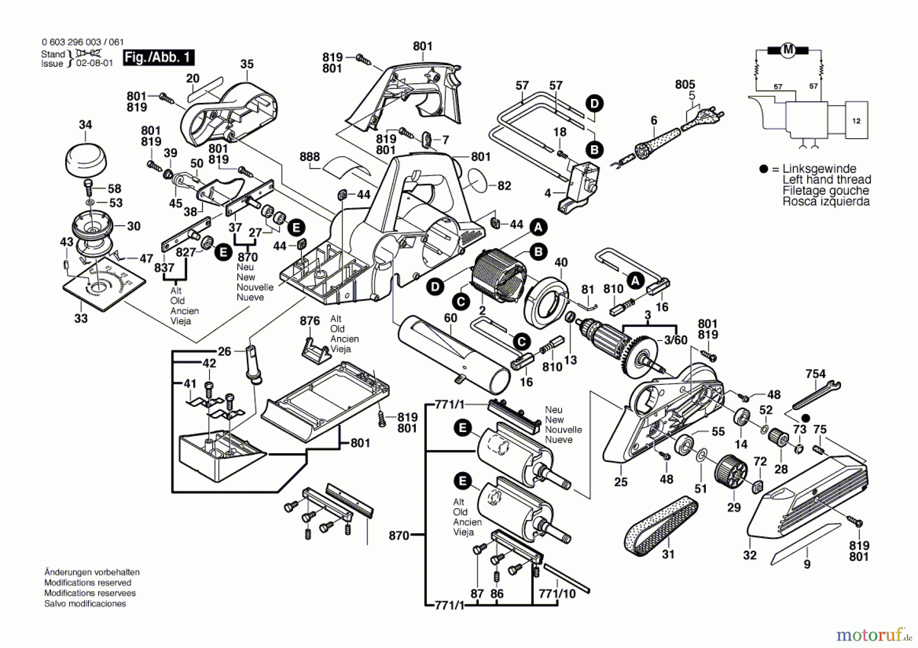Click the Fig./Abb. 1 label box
click(x=158, y=57)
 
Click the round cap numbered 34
click(x=86, y=159)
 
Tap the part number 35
click(x=247, y=64)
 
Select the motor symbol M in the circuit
click(x=788, y=50)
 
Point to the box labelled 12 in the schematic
click(x=856, y=121)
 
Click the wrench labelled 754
click(x=817, y=396)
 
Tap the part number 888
click(x=310, y=157)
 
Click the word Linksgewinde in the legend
click(x=819, y=169)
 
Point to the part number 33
click(x=81, y=319)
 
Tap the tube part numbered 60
click(x=454, y=354)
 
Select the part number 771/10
click(x=557, y=593)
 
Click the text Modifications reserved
click(x=88, y=583)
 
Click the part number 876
click(x=310, y=321)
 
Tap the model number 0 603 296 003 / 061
click(x=83, y=42)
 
